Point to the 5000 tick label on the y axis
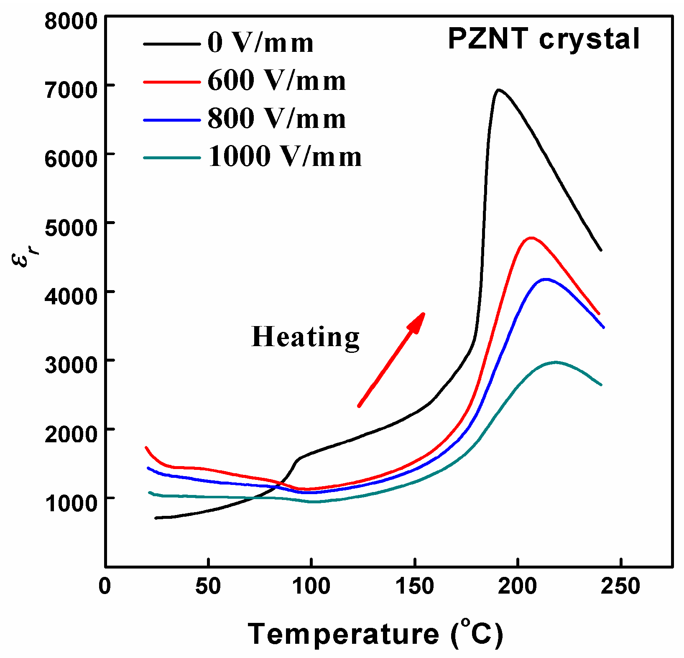pos(71,227)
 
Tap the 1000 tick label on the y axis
pos(71,503)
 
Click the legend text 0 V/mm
pos(260,43)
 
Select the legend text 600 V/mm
pos(276,80)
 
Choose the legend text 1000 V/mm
pos(285,157)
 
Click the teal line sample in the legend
pos(172,158)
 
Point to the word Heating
pos(305,337)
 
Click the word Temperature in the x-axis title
pos(343,634)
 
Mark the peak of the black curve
pos(498,89)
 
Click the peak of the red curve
pos(531,238)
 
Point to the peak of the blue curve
pos(545,279)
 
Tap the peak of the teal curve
pos(555,362)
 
